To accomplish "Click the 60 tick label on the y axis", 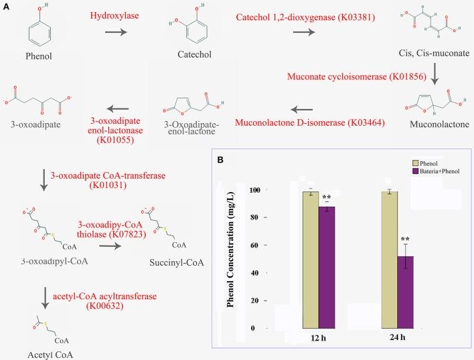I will [252, 245].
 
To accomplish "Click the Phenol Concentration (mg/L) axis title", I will [231, 258].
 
